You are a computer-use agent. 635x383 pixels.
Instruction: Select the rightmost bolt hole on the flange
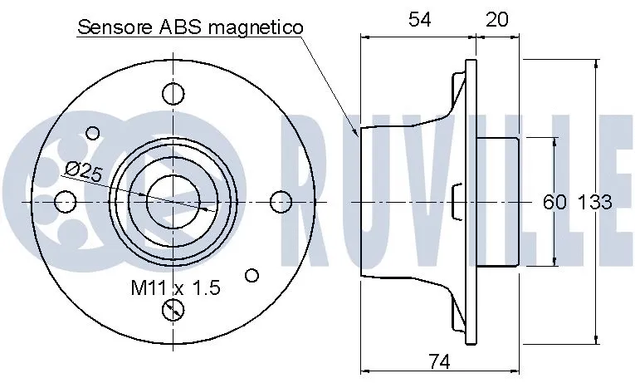coord(281,201)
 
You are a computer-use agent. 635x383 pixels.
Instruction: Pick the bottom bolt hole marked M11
coord(173,311)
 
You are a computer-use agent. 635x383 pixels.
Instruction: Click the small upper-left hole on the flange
coord(93,131)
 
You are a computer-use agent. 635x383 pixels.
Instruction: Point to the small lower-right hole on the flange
coord(253,274)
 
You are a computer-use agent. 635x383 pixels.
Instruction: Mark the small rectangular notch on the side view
coord(456,202)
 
